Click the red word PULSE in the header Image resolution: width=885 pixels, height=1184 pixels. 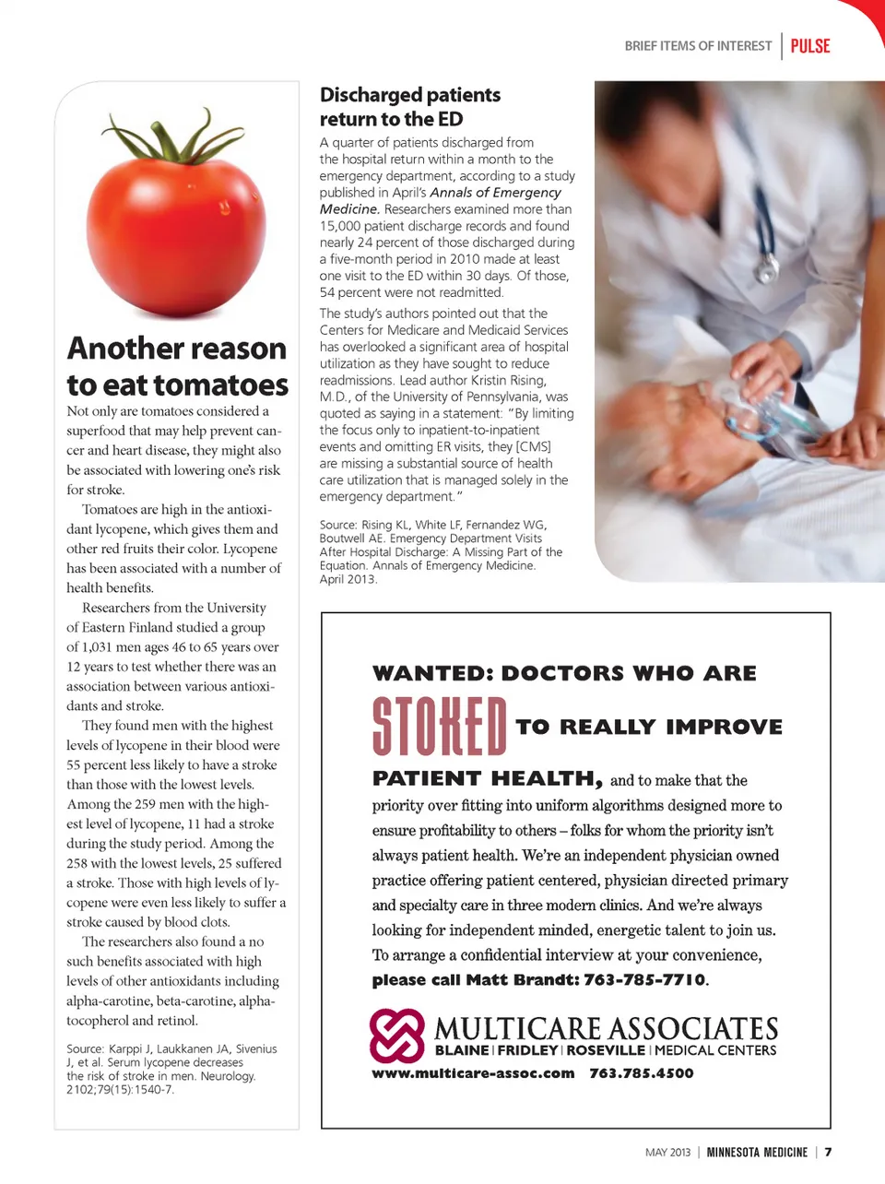click(810, 46)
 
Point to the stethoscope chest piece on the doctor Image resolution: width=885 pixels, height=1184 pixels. click(766, 270)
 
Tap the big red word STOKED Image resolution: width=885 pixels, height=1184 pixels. click(440, 727)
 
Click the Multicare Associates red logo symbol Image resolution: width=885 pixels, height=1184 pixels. click(397, 1036)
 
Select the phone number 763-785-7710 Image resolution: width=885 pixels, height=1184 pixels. click(644, 979)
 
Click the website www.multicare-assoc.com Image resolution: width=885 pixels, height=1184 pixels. click(473, 1073)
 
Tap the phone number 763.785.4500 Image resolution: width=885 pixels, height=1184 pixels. click(642, 1073)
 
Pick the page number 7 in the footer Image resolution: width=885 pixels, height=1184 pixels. click(828, 1152)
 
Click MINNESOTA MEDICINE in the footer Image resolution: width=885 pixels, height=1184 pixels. click(757, 1152)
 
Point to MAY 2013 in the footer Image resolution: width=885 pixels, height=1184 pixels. click(667, 1152)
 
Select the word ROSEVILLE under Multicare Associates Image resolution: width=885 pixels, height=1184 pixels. click(606, 1050)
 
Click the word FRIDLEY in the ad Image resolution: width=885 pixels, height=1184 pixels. click(527, 1050)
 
